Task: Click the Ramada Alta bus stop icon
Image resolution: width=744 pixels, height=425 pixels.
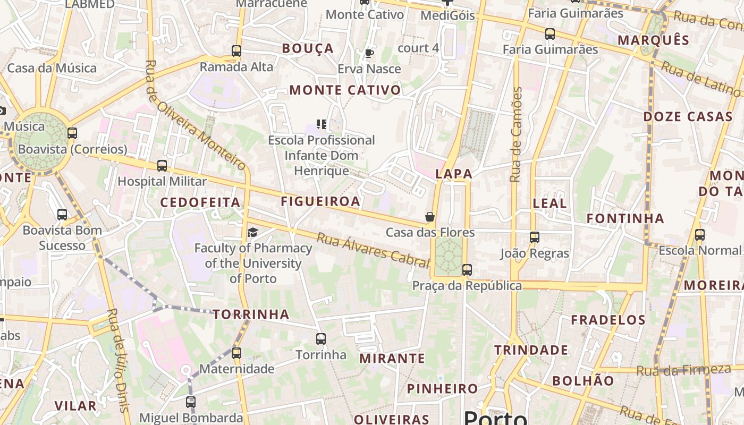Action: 236,51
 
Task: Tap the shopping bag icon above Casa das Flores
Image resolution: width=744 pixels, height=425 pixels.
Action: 430,217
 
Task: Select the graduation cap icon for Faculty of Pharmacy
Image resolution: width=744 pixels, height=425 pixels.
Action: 253,232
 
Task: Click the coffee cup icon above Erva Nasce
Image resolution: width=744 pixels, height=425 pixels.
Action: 369,53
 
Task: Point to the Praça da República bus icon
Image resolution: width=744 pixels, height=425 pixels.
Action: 467,270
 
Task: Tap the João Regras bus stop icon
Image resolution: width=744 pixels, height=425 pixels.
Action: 535,237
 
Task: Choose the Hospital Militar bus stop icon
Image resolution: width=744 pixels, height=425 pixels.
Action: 162,165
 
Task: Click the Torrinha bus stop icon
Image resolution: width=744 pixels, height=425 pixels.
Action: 321,338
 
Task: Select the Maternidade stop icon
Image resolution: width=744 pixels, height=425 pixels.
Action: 236,353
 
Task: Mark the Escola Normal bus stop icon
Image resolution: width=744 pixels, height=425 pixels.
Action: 700,234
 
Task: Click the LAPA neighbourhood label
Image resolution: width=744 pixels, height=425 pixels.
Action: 454,174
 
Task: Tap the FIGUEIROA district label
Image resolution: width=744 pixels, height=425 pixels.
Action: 320,201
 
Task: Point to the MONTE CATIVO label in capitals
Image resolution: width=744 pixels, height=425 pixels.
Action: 345,90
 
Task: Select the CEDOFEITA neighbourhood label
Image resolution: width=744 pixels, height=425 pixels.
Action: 200,202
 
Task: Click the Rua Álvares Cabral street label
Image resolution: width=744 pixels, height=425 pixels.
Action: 373,250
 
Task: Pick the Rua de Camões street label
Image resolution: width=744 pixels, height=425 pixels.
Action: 517,135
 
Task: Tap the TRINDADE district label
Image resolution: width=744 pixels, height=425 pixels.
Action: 531,350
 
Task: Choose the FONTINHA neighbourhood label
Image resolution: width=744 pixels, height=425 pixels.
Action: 625,218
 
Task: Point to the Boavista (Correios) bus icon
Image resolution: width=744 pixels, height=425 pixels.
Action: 72,133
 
